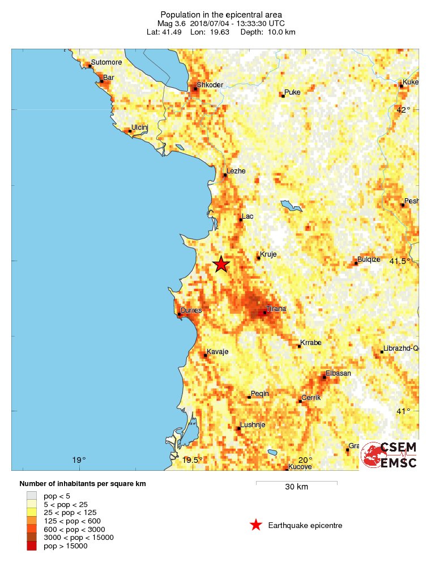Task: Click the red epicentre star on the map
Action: pos(221,264)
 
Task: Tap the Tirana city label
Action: pos(276,308)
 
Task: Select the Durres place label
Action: pos(191,310)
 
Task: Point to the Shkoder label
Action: pos(211,85)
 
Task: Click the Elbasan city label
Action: pos(338,373)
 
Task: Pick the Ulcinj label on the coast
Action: pos(139,127)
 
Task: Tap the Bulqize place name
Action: pos(369,259)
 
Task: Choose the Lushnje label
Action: pos(252,424)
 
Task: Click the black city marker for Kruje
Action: pos(259,258)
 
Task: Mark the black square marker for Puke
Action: pos(283,96)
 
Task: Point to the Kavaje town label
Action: pos(217,351)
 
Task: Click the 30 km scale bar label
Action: pos(296,487)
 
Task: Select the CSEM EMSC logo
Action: pos(390,455)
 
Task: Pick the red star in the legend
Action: pos(256,525)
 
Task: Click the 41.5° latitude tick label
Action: pos(400,261)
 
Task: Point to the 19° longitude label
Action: pos(79,459)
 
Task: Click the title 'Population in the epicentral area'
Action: pos(221,14)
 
